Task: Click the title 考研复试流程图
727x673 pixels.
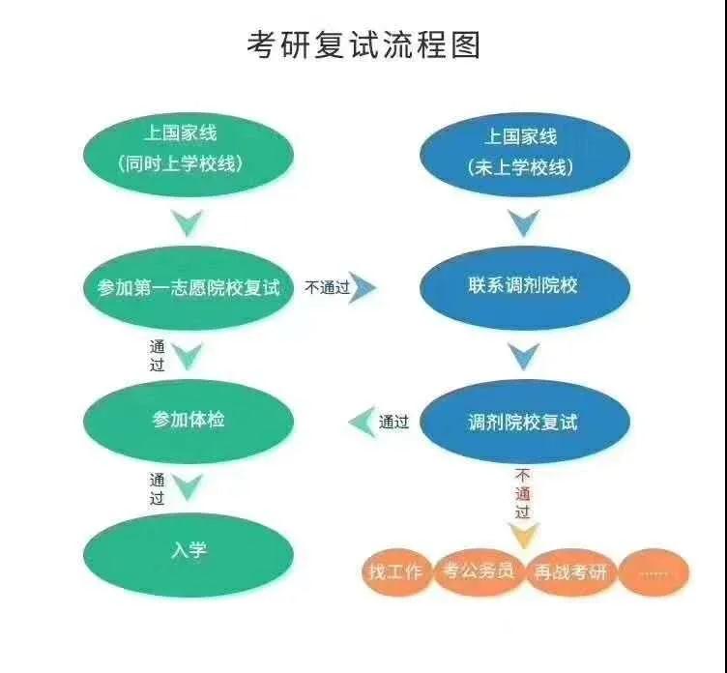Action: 363,44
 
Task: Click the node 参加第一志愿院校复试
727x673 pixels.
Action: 188,287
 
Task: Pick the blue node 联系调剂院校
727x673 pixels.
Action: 523,287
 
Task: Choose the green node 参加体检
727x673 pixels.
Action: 188,421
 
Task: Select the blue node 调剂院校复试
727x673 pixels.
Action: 523,423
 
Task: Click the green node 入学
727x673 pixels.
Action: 188,551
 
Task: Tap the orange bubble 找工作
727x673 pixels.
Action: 395,571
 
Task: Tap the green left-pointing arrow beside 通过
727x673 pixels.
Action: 362,422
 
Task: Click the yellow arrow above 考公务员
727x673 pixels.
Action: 523,534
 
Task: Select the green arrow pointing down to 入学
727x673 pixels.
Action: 187,486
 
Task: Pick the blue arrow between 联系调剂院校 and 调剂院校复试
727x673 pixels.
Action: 523,356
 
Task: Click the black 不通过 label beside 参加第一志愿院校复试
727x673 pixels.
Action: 327,287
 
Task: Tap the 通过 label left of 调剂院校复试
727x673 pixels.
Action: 393,422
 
